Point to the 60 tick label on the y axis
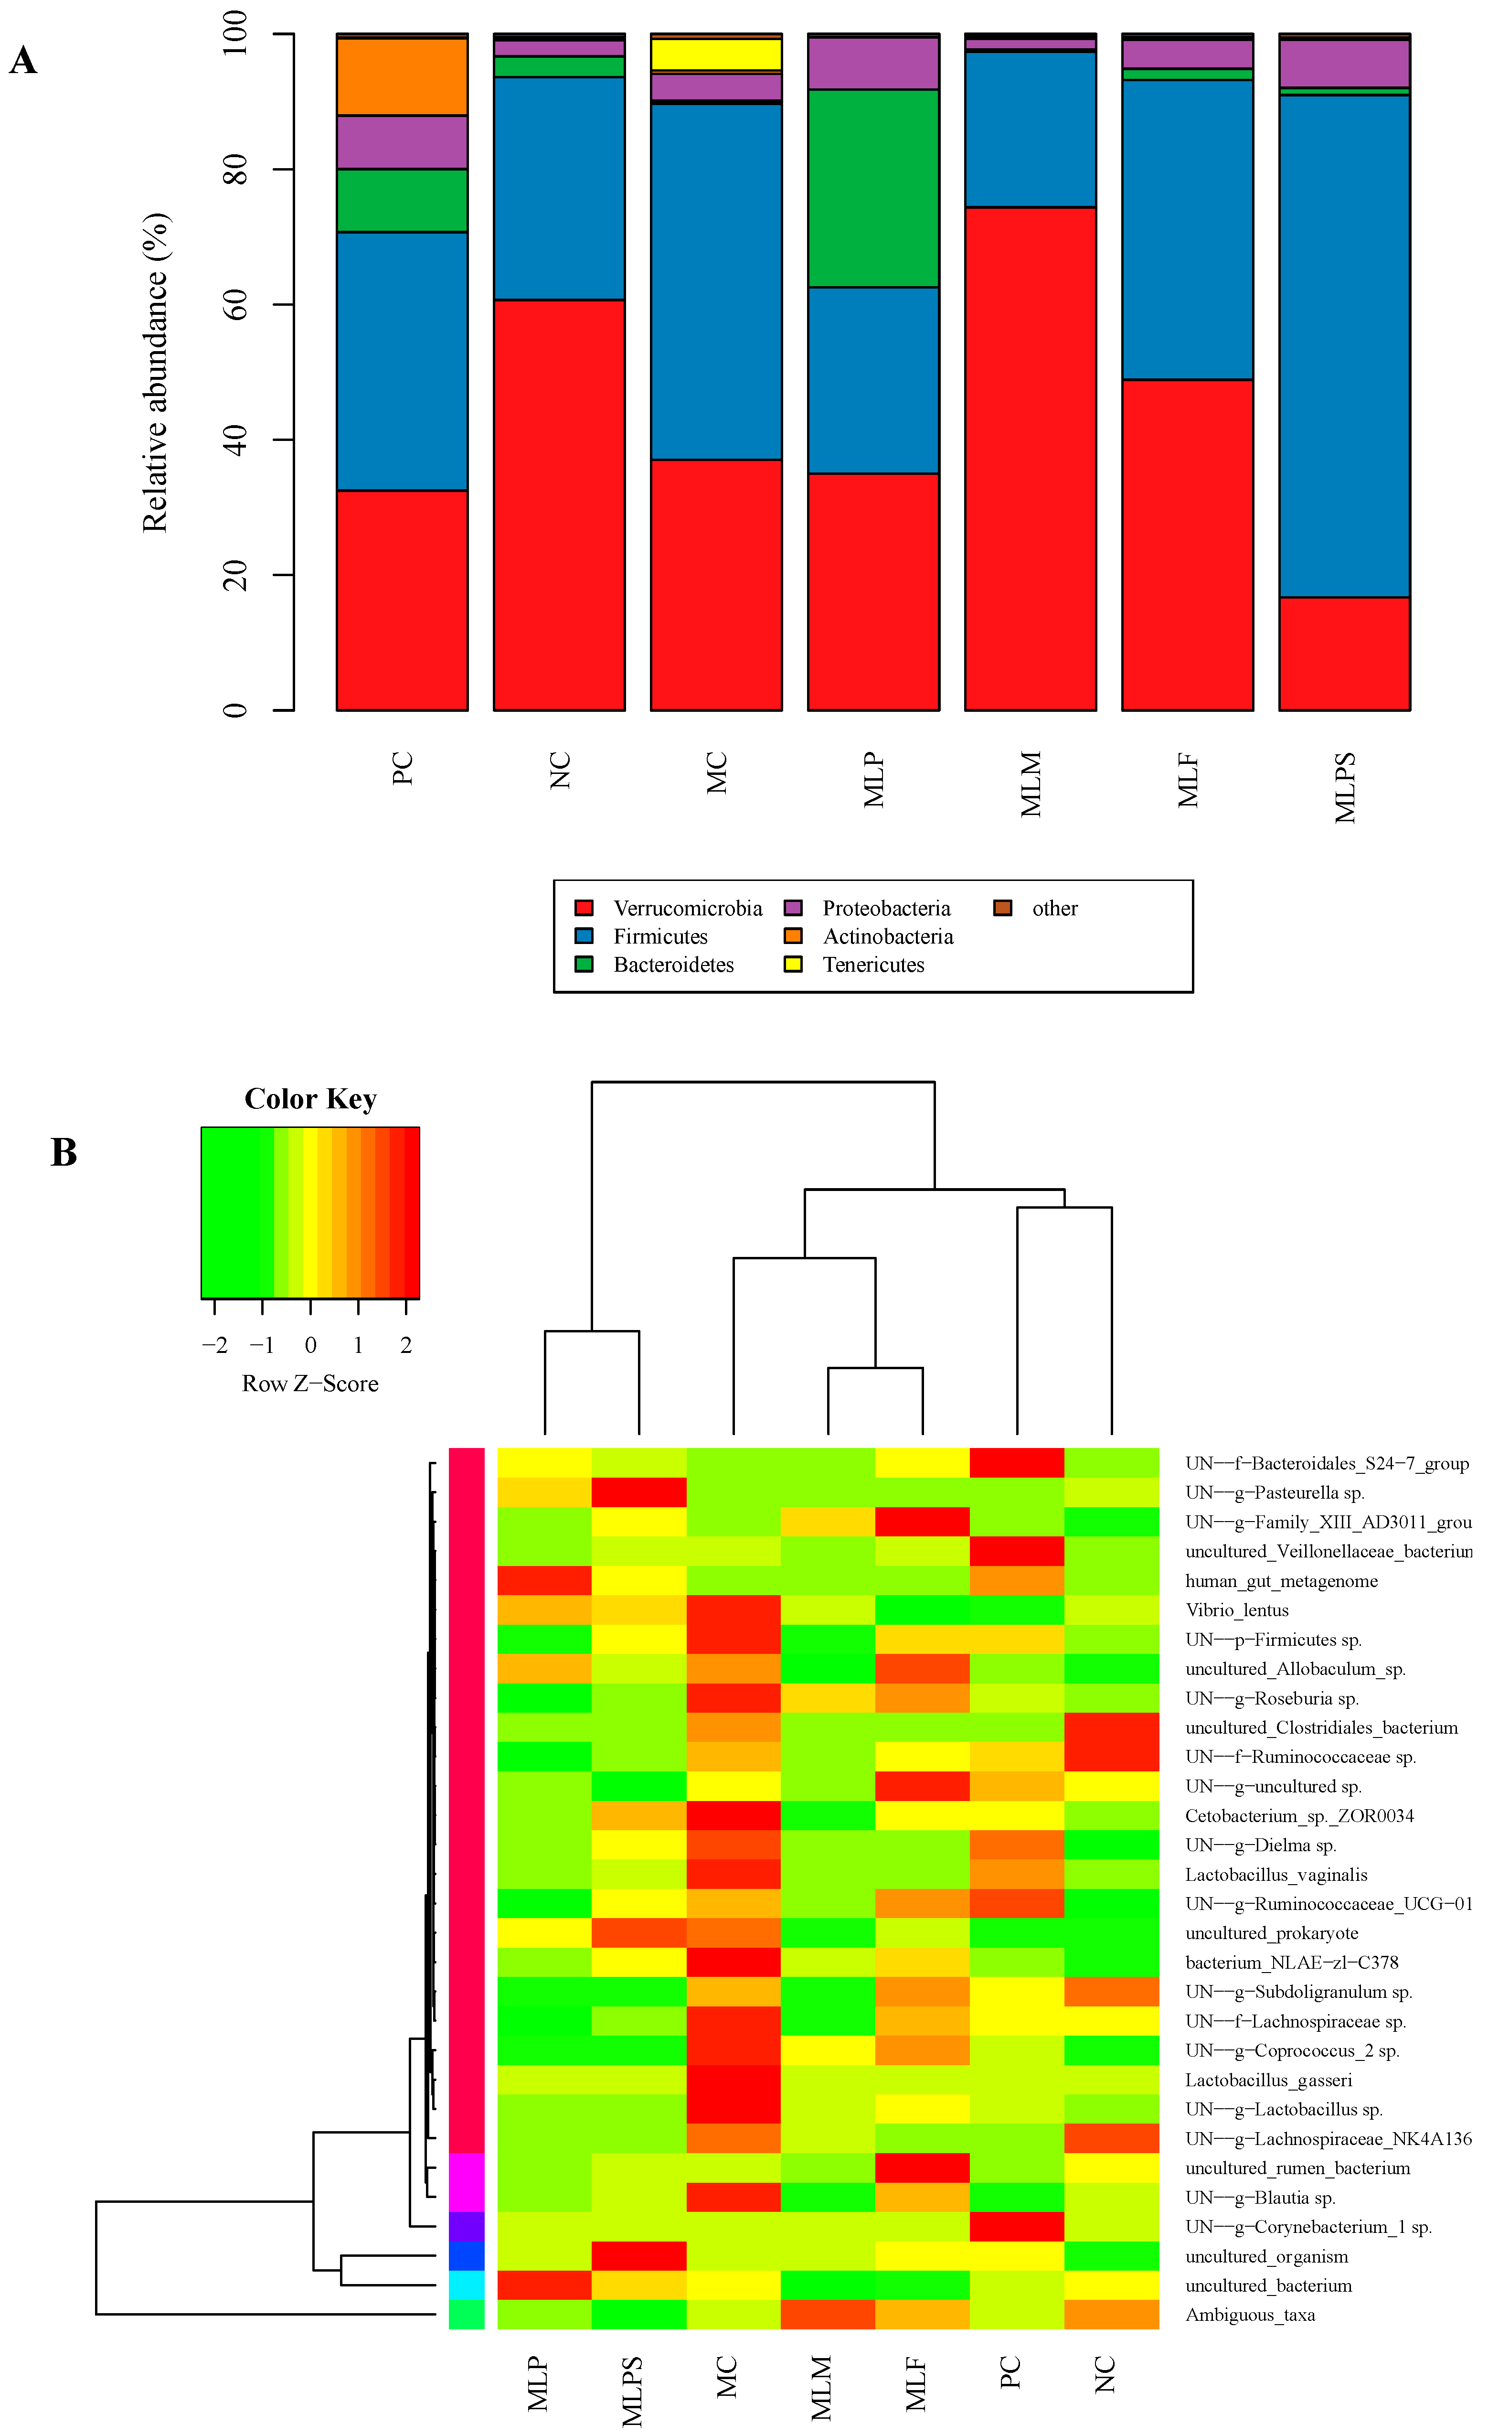tap(235, 304)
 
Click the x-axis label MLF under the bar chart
tap(1188, 781)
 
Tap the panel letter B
tap(63, 1152)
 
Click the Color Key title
tap(310, 1099)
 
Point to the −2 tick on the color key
tap(214, 1345)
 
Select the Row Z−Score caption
tap(310, 1384)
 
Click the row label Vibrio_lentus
tap(1237, 1610)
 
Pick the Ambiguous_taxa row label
tap(1250, 2316)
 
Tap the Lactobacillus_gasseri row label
tap(1269, 2080)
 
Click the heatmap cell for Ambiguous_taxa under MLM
tap(827, 2316)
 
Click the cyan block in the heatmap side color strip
tap(467, 2286)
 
